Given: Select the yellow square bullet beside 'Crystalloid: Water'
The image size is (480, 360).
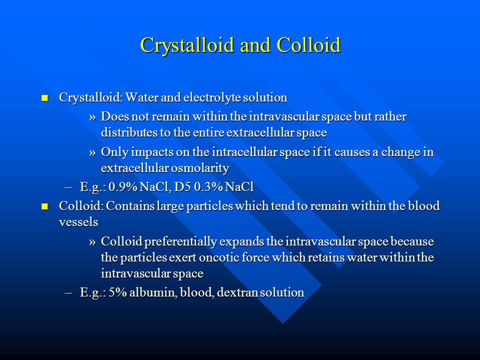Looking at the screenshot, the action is tap(44, 98).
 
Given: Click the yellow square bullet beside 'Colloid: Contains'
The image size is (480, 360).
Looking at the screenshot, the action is tap(44, 206).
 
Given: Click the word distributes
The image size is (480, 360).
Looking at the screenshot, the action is tap(129, 132).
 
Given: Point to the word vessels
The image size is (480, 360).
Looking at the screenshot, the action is tap(78, 222).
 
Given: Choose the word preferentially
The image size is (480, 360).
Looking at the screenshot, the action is tap(180, 242).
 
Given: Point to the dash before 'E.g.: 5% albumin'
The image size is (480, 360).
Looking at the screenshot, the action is tap(68, 293).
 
